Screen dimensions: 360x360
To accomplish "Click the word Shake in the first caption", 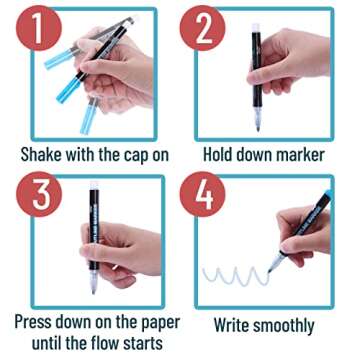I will coord(43,155).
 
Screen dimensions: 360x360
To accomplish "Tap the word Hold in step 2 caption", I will coord(221,155).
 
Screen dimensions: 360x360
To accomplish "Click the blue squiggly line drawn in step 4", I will coord(235,275).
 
